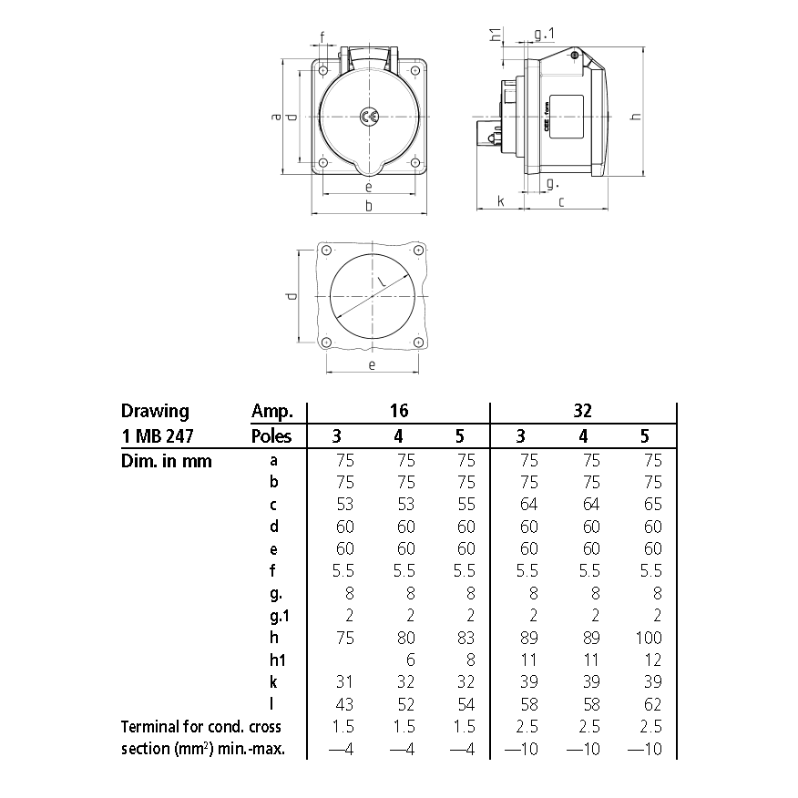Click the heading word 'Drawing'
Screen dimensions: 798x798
click(155, 411)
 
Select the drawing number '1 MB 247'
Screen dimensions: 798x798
click(159, 436)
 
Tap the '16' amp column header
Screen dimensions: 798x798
click(398, 412)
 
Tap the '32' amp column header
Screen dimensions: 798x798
click(584, 412)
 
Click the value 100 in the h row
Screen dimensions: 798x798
click(649, 639)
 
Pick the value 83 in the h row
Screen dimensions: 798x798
click(465, 639)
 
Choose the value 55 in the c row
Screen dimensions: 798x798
click(465, 505)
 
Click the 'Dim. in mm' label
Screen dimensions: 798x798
click(166, 461)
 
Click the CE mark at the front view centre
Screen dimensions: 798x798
click(369, 117)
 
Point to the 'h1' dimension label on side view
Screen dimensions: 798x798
click(495, 36)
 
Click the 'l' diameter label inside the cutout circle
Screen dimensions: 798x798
click(384, 285)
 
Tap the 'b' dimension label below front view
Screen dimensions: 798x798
click(368, 207)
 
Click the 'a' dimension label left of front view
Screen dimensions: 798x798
click(276, 117)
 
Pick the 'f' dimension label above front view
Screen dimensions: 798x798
click(322, 37)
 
